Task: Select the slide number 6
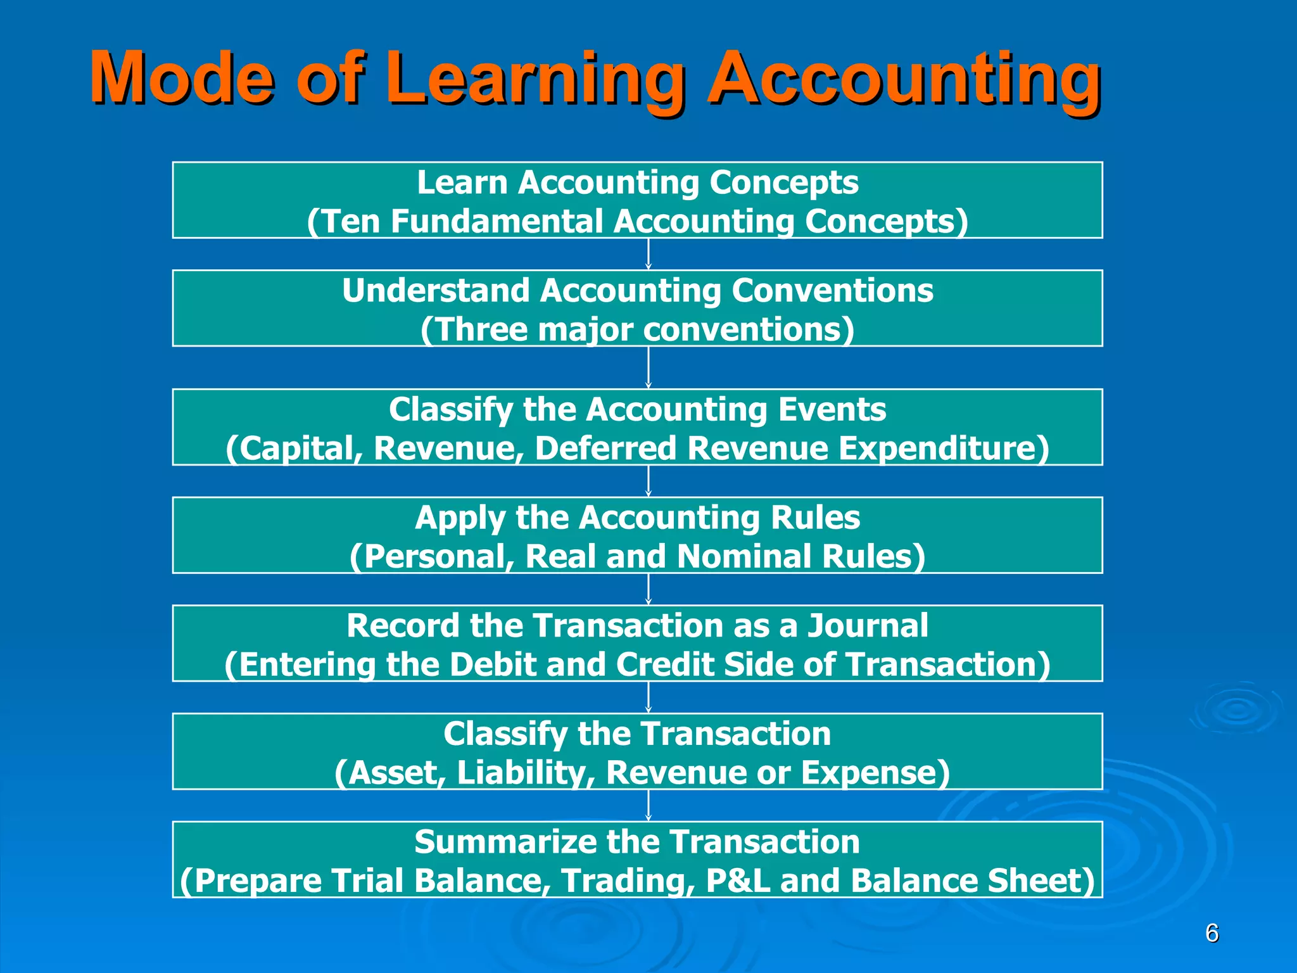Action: (x=1212, y=933)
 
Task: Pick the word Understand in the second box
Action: (x=436, y=291)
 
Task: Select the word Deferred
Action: (x=605, y=448)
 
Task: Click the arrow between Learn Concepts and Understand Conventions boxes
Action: (x=648, y=254)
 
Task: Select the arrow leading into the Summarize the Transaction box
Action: (x=648, y=805)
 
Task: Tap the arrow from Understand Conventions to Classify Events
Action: (x=648, y=367)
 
